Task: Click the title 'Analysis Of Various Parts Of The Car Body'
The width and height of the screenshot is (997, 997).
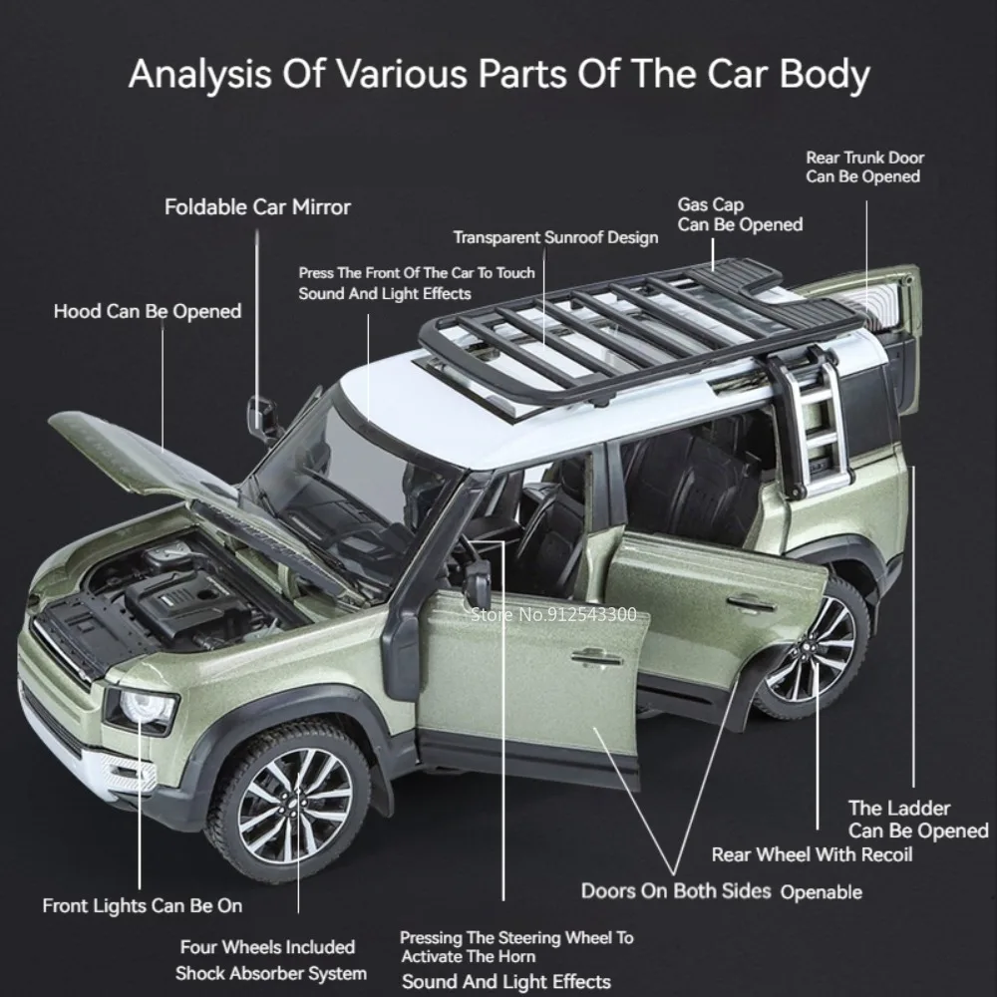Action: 498,76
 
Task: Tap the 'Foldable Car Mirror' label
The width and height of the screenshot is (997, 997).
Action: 257,207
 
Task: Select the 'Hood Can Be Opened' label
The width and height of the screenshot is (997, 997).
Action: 148,311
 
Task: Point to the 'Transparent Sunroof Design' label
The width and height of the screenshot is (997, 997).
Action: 555,237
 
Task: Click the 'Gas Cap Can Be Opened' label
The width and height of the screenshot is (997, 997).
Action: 740,214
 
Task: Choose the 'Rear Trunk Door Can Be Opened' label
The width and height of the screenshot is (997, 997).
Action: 864,166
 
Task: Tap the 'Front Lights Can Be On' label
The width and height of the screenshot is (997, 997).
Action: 142,905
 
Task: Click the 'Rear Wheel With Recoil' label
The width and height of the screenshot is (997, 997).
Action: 812,854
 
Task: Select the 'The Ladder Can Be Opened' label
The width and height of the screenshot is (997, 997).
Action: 917,820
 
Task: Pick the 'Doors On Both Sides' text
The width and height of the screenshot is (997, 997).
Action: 676,890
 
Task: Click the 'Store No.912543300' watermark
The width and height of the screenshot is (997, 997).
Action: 552,614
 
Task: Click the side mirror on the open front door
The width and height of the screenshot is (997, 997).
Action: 478,584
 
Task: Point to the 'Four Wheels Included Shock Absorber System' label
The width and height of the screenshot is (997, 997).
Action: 269,960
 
